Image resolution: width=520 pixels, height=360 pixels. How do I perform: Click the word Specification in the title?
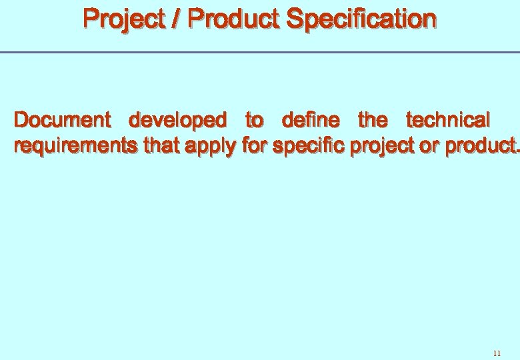coord(361,19)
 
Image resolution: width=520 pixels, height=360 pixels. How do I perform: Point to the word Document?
coord(63,120)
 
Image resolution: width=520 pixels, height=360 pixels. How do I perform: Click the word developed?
coord(177,120)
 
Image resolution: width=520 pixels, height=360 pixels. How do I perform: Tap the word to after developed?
coord(254,121)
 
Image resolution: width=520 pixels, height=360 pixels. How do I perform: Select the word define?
coord(311,120)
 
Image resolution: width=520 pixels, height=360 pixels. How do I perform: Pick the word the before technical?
coord(372,120)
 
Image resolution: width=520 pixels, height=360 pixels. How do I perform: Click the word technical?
coord(448,120)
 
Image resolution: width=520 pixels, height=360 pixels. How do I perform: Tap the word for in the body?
coord(255,145)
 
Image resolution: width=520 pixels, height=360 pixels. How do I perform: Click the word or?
coord(431,146)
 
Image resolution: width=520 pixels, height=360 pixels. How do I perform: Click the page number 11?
coord(497,353)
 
